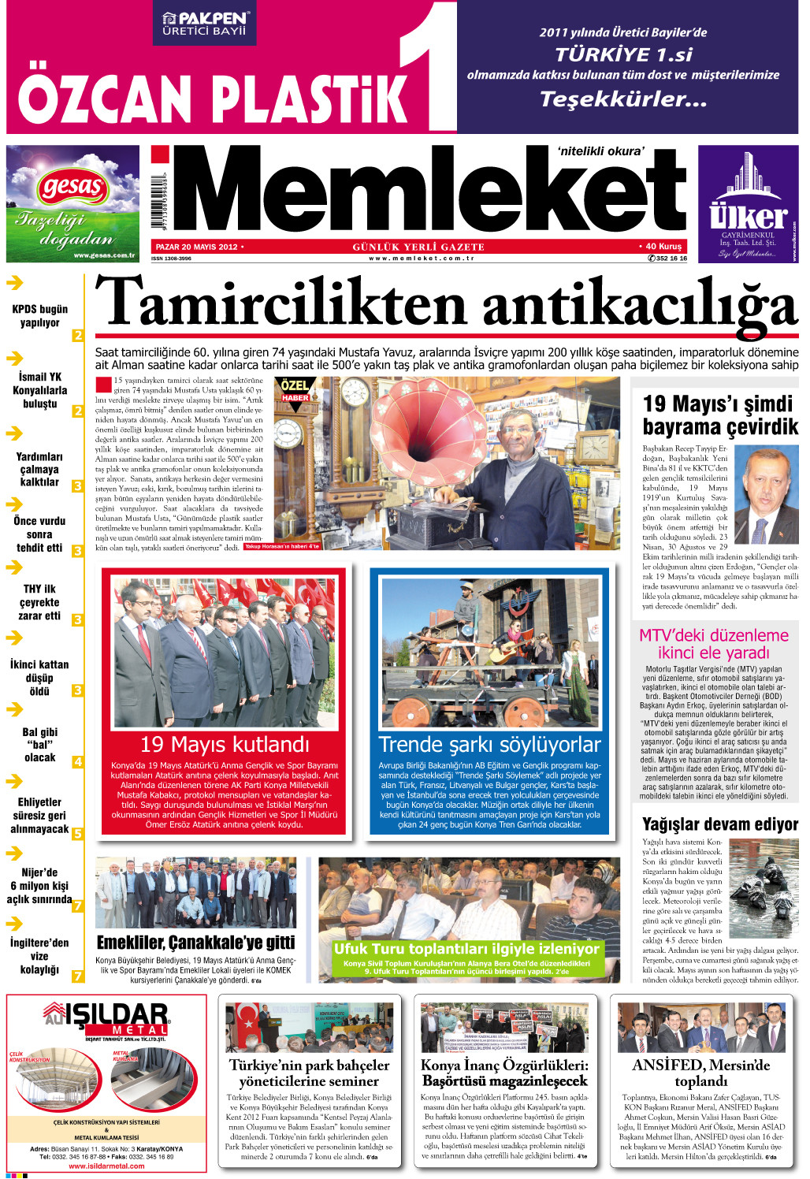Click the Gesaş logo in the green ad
(x=72, y=188)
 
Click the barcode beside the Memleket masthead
(x=162, y=200)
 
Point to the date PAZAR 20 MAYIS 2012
(x=197, y=247)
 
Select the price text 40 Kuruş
(x=663, y=247)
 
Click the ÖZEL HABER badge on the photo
(x=295, y=390)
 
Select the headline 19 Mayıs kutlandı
(x=225, y=744)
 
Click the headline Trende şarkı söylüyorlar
(x=489, y=744)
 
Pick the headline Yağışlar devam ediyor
(x=720, y=824)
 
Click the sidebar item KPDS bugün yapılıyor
(x=40, y=315)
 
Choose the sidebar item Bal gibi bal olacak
(x=39, y=744)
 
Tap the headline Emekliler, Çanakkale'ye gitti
(x=195, y=943)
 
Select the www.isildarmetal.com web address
(x=106, y=1166)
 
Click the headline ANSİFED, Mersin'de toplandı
(x=700, y=1073)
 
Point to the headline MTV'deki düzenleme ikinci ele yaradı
(x=713, y=644)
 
